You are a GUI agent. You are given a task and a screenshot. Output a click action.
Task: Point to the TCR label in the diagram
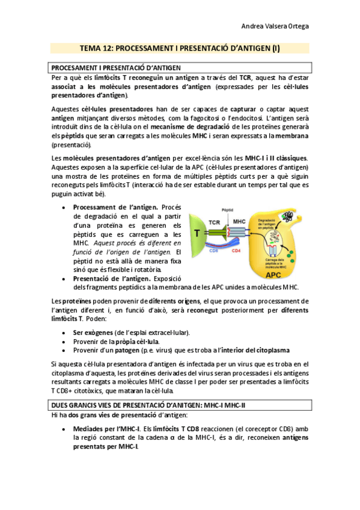(x=214, y=222)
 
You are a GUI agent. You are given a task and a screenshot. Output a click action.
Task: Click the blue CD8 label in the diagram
(x=213, y=250)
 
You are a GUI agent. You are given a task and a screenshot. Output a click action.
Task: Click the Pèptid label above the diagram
(x=227, y=210)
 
